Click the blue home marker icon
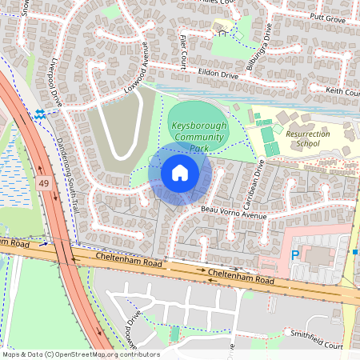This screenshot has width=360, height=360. pos(180,172)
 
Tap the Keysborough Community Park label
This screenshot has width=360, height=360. pos(199,137)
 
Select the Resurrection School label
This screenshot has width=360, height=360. pos(301,139)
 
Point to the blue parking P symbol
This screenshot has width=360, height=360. pos(294,255)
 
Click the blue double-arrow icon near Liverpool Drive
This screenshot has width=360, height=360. pos(40,114)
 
